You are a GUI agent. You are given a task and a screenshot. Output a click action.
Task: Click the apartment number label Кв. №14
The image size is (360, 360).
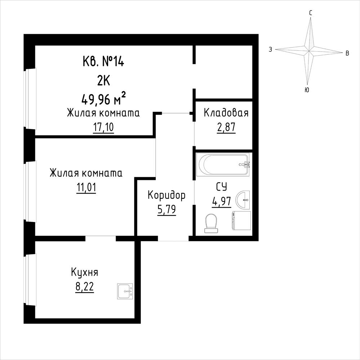[x=103, y=62]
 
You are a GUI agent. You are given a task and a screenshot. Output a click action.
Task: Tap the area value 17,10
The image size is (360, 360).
[x=103, y=127]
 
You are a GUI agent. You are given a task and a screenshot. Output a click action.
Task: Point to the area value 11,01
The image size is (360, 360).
[x=86, y=188]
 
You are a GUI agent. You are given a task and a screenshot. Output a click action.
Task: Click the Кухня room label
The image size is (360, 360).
[x=84, y=272]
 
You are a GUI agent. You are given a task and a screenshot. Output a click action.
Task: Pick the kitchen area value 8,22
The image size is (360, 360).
[x=84, y=286]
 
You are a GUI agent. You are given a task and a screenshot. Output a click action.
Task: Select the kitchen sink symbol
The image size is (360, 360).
[x=125, y=291]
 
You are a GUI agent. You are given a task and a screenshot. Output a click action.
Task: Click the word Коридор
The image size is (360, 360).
[x=166, y=195]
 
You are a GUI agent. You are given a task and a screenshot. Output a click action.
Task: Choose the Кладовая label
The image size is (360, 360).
[x=226, y=113]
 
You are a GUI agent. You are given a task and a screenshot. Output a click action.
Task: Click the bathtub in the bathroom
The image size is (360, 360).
[x=223, y=165]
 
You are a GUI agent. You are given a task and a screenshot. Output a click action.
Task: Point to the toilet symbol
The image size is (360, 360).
[x=211, y=223]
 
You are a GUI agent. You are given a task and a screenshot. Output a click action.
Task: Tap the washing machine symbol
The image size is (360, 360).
[x=241, y=221]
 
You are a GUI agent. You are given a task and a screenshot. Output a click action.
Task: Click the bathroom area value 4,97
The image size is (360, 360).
[x=222, y=201]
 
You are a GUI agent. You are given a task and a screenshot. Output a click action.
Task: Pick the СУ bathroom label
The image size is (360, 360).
[x=222, y=187]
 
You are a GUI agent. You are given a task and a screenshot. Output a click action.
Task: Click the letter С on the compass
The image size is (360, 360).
[x=310, y=13]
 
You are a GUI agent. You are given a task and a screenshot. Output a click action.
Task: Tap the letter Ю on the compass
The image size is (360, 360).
[x=307, y=90]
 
